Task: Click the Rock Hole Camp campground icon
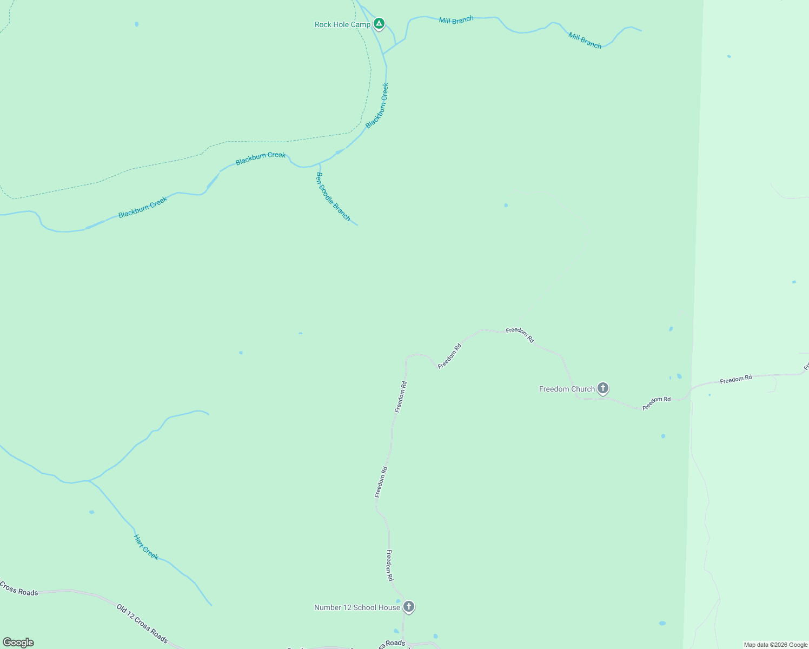pyautogui.click(x=380, y=24)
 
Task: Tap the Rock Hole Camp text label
pyautogui.click(x=342, y=24)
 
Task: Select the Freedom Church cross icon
pyautogui.click(x=603, y=388)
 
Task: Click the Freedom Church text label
pyautogui.click(x=567, y=389)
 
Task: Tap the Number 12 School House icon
pyautogui.click(x=409, y=607)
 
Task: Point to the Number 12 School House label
pyautogui.click(x=357, y=607)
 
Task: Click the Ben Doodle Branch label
pyautogui.click(x=333, y=197)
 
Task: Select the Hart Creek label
pyautogui.click(x=146, y=547)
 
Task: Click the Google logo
pyautogui.click(x=18, y=643)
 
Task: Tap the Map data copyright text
pyautogui.click(x=775, y=645)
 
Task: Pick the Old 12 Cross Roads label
pyautogui.click(x=142, y=624)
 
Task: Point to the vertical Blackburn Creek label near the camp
pyautogui.click(x=377, y=105)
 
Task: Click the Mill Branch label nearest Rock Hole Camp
pyautogui.click(x=456, y=20)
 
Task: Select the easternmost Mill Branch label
pyautogui.click(x=585, y=41)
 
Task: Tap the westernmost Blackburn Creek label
pyautogui.click(x=143, y=207)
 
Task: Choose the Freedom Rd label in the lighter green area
pyautogui.click(x=735, y=379)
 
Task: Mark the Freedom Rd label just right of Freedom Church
pyautogui.click(x=657, y=403)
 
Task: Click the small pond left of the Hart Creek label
pyautogui.click(x=91, y=512)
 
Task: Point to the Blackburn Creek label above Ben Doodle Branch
pyautogui.click(x=260, y=158)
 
